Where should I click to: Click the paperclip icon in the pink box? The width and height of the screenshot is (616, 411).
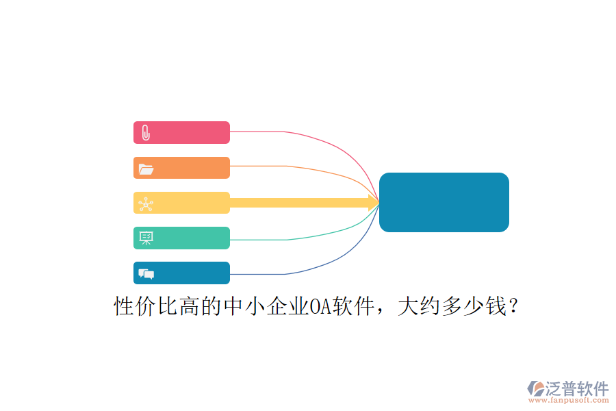coord(146,132)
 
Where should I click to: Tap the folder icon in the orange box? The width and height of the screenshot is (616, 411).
coord(146,169)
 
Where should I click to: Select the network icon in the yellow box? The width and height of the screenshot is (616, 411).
coord(146,204)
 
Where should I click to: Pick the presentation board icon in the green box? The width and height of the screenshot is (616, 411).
coord(146,238)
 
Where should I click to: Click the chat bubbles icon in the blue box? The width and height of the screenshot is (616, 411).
coord(146,274)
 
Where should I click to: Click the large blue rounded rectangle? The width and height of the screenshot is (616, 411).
coord(444,202)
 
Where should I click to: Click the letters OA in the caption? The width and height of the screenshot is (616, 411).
coord(320,306)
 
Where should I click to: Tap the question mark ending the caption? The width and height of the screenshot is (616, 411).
coord(513,306)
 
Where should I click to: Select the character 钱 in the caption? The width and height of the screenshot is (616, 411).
coord(496,306)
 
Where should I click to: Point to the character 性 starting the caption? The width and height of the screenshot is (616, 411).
coord(124,306)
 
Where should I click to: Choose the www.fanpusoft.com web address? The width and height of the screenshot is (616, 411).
coord(569,400)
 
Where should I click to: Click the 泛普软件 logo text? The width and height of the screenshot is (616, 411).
coord(577,388)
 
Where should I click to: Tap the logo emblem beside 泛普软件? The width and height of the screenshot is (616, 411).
coord(535,388)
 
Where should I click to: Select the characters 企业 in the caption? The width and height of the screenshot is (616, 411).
coord(287,306)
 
